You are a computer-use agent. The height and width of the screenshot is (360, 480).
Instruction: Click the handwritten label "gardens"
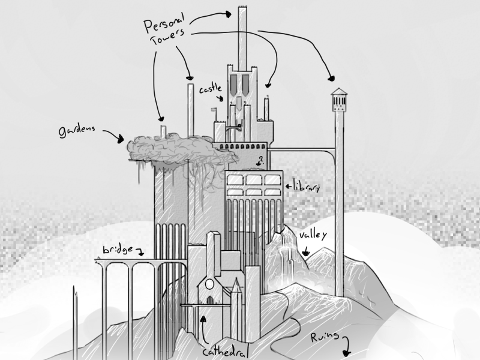click(79, 131)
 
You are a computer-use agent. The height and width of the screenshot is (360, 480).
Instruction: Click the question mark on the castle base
click(260, 160)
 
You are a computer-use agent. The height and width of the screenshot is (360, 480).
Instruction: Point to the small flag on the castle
click(214, 110)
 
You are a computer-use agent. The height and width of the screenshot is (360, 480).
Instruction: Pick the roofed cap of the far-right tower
click(339, 94)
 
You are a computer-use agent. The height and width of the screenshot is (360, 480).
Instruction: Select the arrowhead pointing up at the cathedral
click(205, 320)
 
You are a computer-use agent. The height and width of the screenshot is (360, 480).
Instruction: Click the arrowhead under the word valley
click(306, 253)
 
